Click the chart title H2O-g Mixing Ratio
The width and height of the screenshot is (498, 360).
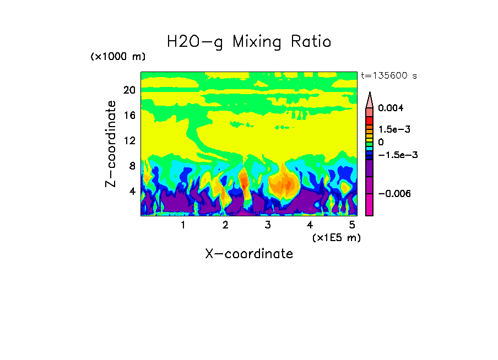tap(249, 41)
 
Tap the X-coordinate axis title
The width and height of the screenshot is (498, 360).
tap(249, 253)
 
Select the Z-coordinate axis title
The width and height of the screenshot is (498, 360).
tap(111, 144)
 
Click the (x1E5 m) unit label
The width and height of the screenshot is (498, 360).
tap(336, 237)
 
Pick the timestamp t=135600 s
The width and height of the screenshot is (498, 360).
tap(388, 76)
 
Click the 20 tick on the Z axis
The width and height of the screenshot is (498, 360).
tap(129, 90)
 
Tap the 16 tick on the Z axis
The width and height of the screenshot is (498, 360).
tap(129, 116)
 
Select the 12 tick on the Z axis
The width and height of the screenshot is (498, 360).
tap(129, 141)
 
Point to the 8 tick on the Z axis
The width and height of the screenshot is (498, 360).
tap(132, 166)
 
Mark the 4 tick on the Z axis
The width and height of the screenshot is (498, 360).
tap(132, 192)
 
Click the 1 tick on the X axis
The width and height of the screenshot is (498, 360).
tap(183, 225)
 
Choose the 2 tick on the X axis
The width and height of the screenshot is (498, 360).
tap(225, 225)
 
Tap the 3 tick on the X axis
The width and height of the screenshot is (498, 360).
tap(268, 225)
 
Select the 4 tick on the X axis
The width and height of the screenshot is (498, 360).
tap(310, 225)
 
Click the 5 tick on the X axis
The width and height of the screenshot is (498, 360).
tap(352, 225)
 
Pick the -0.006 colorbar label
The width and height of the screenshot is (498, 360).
tap(394, 193)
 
